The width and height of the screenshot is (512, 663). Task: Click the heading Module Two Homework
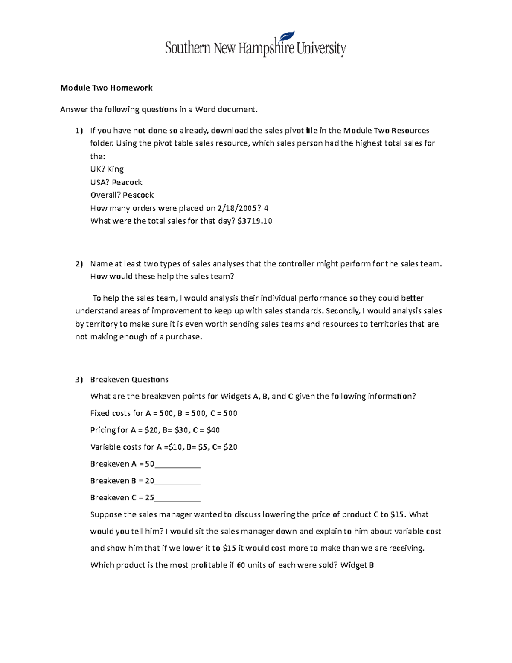click(106, 88)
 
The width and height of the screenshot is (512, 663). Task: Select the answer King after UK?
click(115, 169)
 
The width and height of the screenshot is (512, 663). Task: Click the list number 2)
click(79, 264)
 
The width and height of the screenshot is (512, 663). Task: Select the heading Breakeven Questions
click(129, 380)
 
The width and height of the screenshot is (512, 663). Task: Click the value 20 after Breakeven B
click(149, 481)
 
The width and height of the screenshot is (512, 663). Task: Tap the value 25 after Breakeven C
click(149, 497)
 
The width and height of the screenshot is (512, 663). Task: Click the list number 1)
click(79, 131)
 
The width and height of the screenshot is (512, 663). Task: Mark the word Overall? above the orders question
click(105, 195)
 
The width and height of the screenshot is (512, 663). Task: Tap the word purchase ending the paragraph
click(183, 337)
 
